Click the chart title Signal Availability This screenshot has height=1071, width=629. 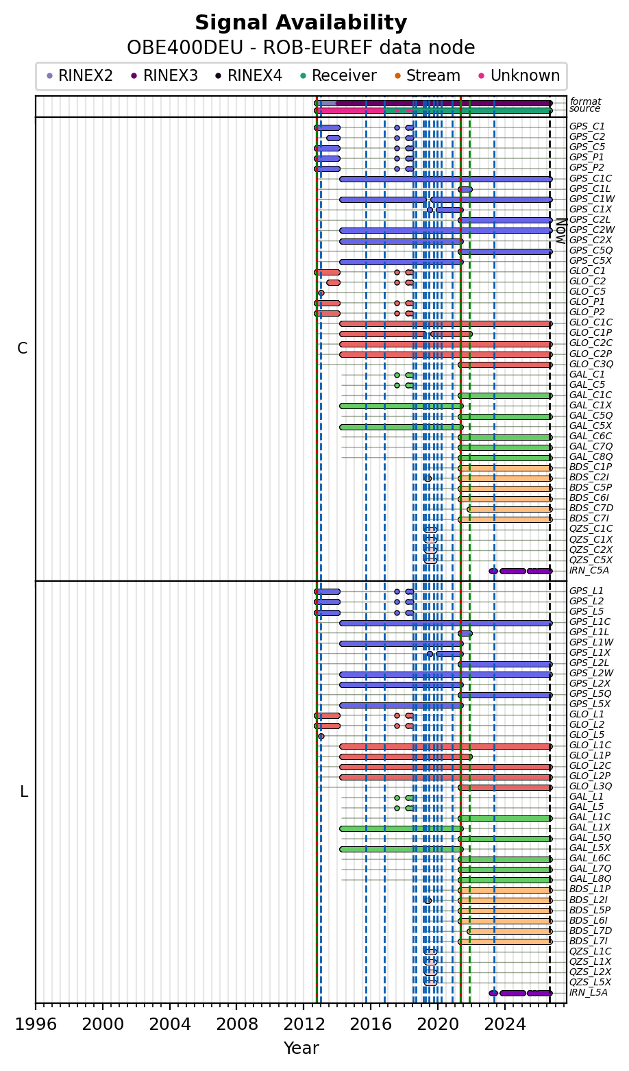click(301, 23)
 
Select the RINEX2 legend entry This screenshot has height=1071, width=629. click(79, 75)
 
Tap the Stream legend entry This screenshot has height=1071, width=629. click(428, 75)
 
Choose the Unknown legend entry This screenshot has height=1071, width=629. click(519, 75)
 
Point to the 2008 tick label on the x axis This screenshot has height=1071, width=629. click(236, 1024)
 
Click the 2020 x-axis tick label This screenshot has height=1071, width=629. click(438, 1024)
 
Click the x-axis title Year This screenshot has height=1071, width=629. click(301, 1048)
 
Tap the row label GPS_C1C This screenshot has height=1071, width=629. click(590, 179)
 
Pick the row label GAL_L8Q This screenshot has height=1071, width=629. click(590, 878)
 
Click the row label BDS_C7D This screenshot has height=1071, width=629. click(591, 508)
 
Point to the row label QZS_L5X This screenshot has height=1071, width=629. click(590, 982)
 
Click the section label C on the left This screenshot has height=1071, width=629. click(23, 349)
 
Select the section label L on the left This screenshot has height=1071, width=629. click(24, 792)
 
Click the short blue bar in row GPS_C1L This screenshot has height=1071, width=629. click(465, 189)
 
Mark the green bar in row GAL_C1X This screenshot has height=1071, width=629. click(402, 406)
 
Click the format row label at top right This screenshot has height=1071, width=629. click(586, 101)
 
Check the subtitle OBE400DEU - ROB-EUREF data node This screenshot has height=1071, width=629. click(301, 48)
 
